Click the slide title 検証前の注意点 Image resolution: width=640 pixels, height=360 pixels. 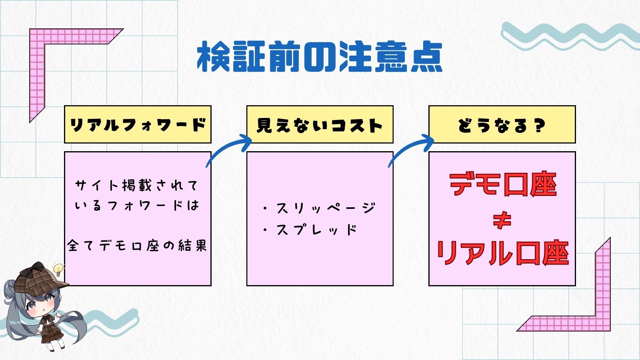coord(320,57)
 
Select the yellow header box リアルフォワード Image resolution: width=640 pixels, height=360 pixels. coord(138,125)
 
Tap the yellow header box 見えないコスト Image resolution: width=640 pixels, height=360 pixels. coord(320,125)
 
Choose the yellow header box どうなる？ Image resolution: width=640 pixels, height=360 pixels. coord(502,125)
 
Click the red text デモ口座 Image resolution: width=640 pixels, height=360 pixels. coord(503,185)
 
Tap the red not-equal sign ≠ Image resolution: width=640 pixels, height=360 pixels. coord(502,220)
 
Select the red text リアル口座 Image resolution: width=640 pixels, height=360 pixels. coord(502,254)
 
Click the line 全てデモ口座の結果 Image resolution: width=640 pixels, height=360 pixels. coord(138,245)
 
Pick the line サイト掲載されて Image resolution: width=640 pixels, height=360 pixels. coord(137,185)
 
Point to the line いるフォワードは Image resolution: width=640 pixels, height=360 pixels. coord(137,206)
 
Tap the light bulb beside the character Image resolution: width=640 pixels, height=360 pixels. coord(58,269)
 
